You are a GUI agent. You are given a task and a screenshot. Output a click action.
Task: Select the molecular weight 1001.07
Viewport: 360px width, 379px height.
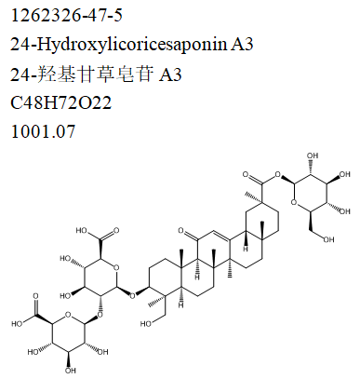click(41, 132)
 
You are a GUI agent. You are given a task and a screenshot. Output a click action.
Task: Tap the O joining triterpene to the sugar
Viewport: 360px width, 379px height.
click(132, 298)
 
